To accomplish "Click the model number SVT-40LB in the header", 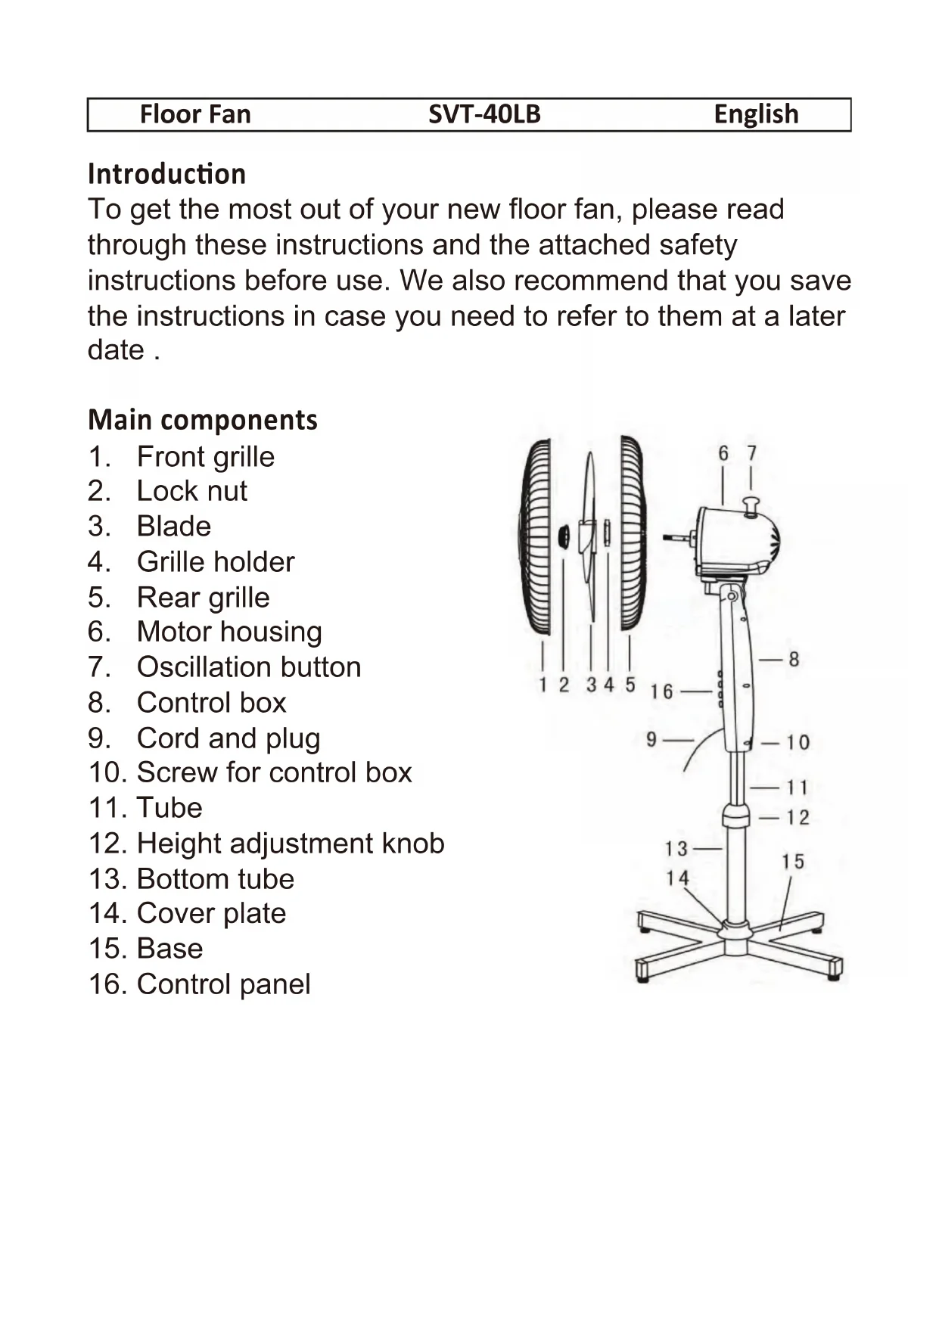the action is (484, 114).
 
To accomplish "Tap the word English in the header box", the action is (756, 114).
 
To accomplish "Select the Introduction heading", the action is (166, 174).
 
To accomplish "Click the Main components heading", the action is (203, 420).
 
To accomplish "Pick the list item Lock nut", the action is (191, 491).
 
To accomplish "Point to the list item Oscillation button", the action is (248, 667).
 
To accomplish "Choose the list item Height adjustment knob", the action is (290, 844).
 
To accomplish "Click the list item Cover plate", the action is (211, 914).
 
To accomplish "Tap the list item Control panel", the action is (223, 984).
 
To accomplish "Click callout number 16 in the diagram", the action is (661, 691).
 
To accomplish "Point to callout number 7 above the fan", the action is (751, 453).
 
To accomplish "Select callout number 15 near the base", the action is (793, 862).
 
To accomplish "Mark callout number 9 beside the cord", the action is (651, 739).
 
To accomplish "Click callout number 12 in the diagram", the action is (798, 818).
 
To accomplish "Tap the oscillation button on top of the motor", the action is (751, 505).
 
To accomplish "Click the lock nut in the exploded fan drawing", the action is (564, 537).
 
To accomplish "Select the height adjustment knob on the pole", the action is (735, 816).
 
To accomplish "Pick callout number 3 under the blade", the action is (591, 685).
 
